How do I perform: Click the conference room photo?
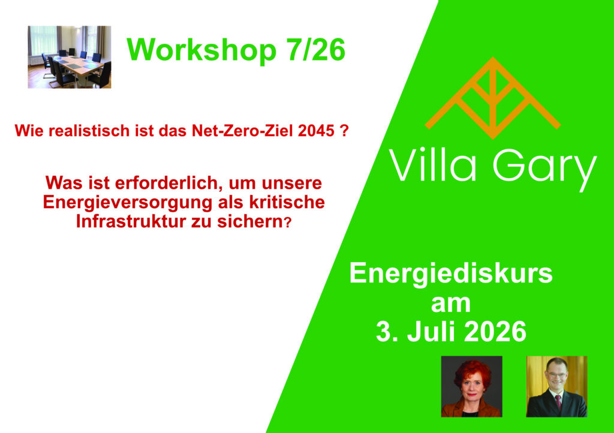(x=70, y=57)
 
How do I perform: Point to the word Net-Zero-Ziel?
(x=243, y=131)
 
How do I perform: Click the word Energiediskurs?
(x=451, y=273)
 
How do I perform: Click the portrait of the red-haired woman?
(x=471, y=386)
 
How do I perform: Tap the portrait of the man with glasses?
(x=556, y=386)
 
